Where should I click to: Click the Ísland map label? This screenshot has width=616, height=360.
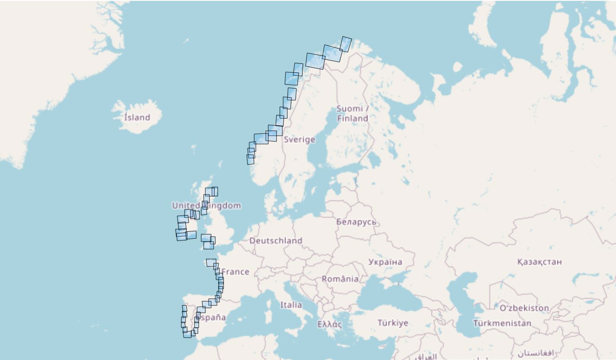(137, 118)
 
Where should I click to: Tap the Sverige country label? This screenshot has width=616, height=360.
(299, 139)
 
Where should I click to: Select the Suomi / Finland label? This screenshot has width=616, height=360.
(352, 113)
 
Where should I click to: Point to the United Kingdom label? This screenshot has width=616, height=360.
(206, 206)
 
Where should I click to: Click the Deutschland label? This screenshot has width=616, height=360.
(276, 241)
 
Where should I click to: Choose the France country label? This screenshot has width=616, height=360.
(235, 272)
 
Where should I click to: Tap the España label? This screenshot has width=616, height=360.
(211, 318)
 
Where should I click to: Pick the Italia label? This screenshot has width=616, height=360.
(291, 305)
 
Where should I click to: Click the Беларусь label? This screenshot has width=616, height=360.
(356, 222)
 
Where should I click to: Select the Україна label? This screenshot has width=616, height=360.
(385, 262)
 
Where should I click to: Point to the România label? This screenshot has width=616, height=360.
(340, 279)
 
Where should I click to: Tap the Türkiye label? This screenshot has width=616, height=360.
(392, 323)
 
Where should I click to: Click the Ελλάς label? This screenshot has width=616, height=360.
(330, 324)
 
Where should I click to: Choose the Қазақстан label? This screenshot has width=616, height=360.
(539, 262)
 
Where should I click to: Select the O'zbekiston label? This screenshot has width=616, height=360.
(524, 308)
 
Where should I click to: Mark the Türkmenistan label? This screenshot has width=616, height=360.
(502, 323)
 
